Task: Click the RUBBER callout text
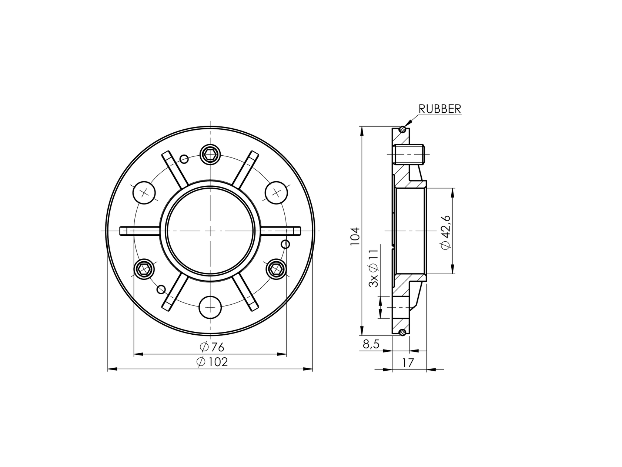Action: point(439,109)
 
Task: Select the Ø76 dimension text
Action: point(212,347)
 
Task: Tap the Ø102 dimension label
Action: point(212,362)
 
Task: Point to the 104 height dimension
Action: point(355,236)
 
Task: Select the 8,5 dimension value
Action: point(371,344)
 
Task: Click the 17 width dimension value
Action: point(408,363)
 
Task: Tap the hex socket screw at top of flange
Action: point(210,154)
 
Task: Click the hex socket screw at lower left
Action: point(144,268)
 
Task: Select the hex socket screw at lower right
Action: point(276,268)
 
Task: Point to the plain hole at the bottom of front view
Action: point(210,307)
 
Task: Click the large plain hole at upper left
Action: point(144,192)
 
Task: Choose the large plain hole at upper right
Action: point(276,192)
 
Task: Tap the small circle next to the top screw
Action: point(184,159)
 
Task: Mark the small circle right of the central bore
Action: point(285,244)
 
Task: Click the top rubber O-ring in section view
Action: point(402,129)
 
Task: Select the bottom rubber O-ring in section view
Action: point(402,332)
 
